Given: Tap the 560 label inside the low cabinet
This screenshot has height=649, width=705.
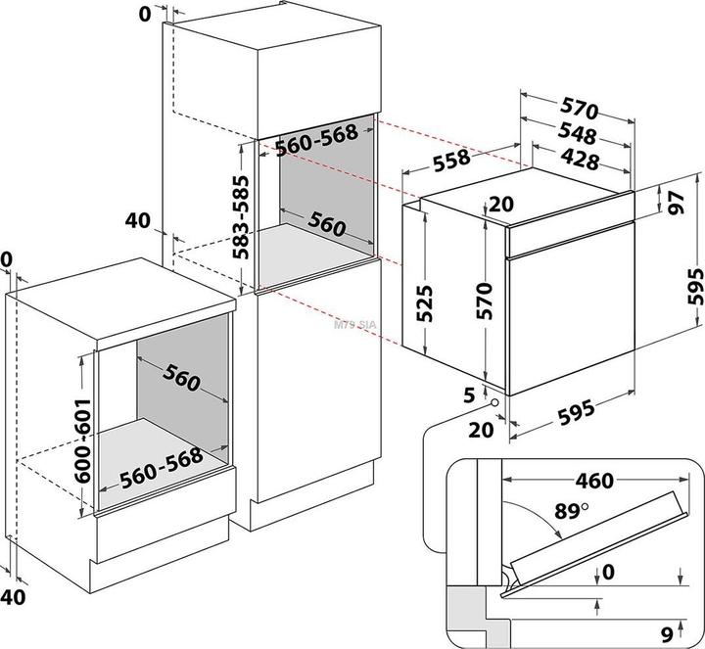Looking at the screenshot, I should point(181,378).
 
